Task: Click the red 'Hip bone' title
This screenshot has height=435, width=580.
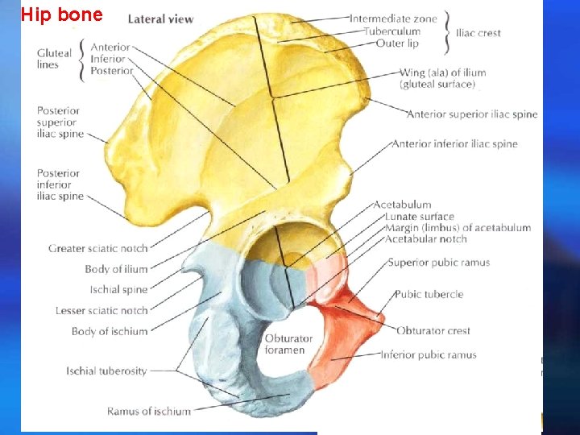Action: coord(62,14)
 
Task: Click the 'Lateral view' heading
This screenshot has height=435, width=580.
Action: coord(161,19)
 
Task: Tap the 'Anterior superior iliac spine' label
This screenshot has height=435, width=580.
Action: coord(471,114)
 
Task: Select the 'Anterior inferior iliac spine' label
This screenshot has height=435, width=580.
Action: coord(454,144)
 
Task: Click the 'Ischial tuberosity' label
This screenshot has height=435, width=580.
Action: coord(106,371)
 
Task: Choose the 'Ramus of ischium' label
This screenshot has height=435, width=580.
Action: coord(149,412)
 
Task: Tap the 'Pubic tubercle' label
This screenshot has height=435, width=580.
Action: coord(429,295)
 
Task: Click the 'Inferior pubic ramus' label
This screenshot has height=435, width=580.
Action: coord(428,355)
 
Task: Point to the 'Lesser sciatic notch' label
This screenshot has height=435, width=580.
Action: coord(101,311)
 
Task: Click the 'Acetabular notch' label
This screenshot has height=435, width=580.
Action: coord(425,239)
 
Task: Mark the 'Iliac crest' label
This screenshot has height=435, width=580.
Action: coord(478,33)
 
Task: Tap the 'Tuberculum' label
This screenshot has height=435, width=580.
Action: coord(391,31)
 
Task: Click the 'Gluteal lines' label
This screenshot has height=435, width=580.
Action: coord(54,59)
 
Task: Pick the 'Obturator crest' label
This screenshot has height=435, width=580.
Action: coord(433,331)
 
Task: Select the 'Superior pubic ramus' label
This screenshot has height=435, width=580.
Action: coord(438,263)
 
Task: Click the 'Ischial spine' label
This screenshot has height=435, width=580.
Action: coord(118,290)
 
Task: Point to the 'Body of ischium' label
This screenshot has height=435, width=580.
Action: coord(110,331)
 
